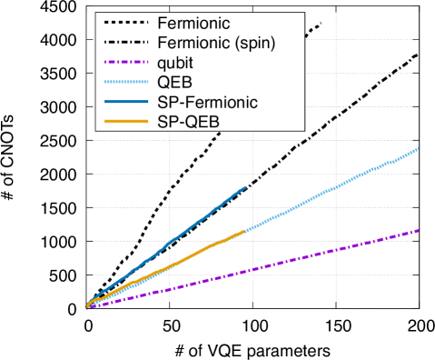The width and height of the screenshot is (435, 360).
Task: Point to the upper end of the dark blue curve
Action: [x=245, y=187]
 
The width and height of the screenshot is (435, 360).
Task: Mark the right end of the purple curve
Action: [x=419, y=230]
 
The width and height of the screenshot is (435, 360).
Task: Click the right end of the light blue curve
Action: [x=419, y=148]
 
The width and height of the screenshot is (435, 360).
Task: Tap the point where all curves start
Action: [x=87, y=307]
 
